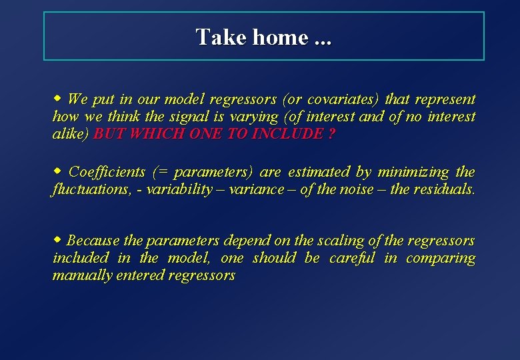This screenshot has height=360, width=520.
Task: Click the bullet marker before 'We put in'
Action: coord(57,99)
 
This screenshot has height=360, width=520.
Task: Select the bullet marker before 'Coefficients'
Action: coord(57,171)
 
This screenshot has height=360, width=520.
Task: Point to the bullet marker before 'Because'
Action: coord(57,239)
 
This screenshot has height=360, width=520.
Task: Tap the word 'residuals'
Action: coord(444,189)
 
